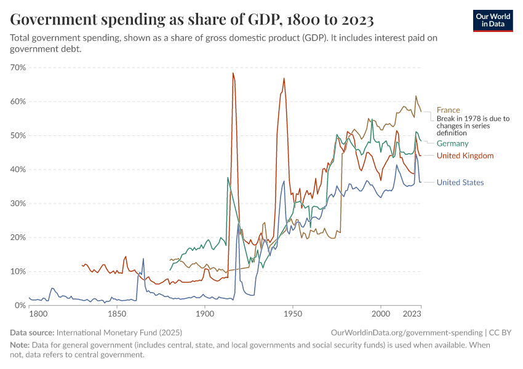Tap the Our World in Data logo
[493, 21]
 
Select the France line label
[448, 110]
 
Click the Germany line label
[452, 143]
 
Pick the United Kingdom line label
[465, 156]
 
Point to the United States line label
[460, 182]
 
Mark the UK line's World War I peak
[233, 73]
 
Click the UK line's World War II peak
[284, 78]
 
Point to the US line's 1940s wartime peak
[284, 181]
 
